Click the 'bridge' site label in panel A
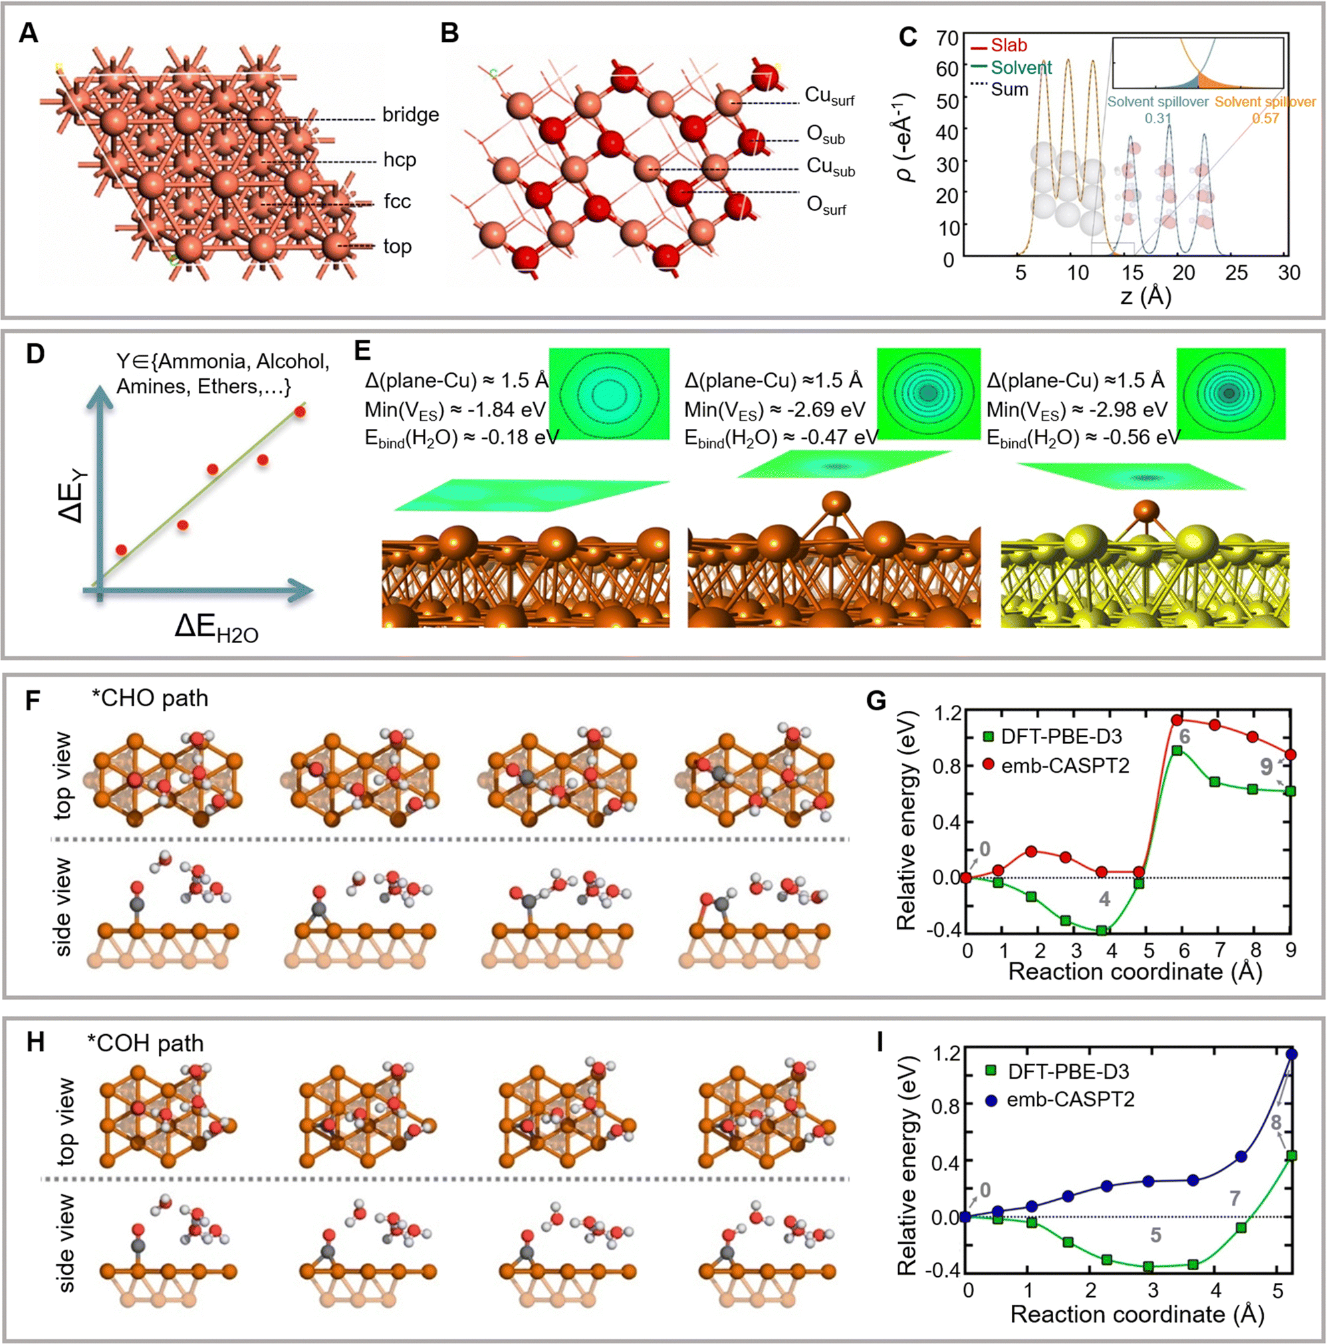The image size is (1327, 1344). (410, 115)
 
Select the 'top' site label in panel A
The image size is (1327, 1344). (397, 246)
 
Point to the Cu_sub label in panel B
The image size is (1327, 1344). (830, 167)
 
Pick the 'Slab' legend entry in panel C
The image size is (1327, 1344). (1009, 45)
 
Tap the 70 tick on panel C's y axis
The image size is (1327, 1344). (947, 39)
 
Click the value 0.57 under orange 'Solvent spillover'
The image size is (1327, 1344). (1265, 118)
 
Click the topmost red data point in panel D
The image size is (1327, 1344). (300, 412)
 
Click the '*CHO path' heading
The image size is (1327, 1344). (150, 698)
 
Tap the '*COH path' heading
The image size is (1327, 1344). (146, 1043)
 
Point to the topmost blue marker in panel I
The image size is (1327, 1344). (1292, 1054)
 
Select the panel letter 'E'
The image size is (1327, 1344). (362, 350)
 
